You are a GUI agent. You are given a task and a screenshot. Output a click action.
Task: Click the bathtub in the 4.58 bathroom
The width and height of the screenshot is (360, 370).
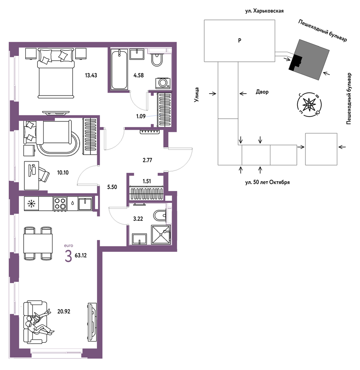[x=119, y=69]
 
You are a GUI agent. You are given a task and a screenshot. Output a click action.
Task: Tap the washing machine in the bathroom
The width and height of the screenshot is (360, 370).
[x=163, y=83]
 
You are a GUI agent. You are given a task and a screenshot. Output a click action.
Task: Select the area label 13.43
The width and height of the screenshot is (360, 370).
[x=91, y=75]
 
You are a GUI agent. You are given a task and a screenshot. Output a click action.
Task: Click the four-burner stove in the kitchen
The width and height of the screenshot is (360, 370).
[x=60, y=204]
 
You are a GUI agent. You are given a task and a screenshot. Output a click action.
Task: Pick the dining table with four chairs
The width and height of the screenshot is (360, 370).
[x=38, y=243]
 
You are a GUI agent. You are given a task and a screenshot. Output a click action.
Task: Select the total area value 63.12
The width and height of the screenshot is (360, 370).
[x=81, y=255]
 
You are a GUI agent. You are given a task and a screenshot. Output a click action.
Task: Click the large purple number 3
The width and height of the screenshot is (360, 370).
[x=68, y=256]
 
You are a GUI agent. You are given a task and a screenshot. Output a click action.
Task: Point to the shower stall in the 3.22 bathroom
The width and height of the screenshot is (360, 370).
[x=161, y=235]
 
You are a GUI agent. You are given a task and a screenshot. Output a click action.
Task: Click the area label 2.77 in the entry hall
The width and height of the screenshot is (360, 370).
[x=148, y=160]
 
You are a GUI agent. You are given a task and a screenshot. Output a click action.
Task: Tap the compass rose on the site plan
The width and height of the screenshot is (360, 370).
[x=309, y=104]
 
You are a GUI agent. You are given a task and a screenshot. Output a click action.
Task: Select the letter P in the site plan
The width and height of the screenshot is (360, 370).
[x=240, y=40]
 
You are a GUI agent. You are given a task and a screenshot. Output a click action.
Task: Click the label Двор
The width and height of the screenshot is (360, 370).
[x=262, y=92]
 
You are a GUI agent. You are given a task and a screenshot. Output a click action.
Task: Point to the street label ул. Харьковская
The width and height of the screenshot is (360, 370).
[x=264, y=11]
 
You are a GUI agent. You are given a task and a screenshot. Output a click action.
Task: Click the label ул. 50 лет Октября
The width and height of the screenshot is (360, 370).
[x=267, y=182]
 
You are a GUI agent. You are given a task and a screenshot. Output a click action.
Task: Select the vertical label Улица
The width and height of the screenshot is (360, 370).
[x=197, y=95]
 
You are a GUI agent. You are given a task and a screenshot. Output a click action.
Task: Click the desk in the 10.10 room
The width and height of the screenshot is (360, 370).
[x=32, y=176]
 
